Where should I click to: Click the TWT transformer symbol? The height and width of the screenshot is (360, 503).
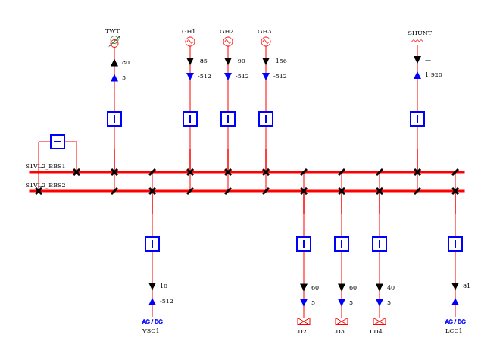pos(114,42)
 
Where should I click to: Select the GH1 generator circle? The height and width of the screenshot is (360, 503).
pos(190,42)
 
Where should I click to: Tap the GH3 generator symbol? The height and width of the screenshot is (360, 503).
pos(266,42)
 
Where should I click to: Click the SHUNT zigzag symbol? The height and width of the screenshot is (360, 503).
pos(417,41)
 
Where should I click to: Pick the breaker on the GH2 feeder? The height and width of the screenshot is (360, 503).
pos(228,119)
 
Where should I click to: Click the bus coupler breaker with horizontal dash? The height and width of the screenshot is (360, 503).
pos(58,142)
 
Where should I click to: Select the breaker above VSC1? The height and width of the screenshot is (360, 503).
pos(152,244)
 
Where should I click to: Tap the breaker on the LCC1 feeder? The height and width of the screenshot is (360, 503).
pos(455,244)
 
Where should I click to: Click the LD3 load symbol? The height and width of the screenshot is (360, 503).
pos(342,321)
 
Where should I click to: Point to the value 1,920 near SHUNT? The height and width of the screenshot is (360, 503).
pos(433,74)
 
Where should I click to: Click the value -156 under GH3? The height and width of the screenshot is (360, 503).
pos(280,61)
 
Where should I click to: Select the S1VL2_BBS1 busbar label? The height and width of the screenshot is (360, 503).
pos(45,166)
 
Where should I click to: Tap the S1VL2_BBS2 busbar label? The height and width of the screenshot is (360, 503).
pos(45,185)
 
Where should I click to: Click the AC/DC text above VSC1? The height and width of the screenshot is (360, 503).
pos(152,321)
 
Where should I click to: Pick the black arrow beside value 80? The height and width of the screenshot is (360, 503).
pos(114,63)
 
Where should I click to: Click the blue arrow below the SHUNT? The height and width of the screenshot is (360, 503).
pos(417,75)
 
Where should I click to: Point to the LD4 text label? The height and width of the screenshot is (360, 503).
pos(376,331)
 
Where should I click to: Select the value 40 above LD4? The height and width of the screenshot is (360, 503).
pos(391,287)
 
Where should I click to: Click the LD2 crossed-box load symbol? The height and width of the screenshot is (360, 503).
pos(304,321)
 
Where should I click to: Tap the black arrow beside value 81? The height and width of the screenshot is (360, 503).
pos(455,286)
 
